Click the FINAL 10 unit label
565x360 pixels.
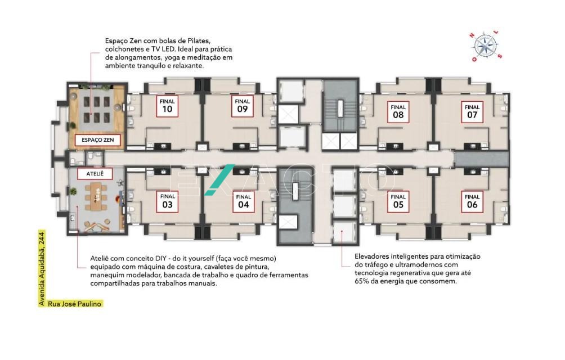click(167, 106)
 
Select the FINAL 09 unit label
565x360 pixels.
click(243, 106)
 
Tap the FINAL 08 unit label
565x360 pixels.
click(398, 112)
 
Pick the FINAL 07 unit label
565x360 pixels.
click(472, 112)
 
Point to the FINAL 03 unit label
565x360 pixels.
click(167, 201)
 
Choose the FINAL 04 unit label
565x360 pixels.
click(244, 201)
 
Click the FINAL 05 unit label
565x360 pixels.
click(398, 201)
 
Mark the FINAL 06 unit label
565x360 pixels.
click(472, 201)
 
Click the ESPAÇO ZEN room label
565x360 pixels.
click(98, 140)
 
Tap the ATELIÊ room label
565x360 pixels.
click(95, 174)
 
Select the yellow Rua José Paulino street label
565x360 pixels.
click(75, 304)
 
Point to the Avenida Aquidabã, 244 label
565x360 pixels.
click(42, 269)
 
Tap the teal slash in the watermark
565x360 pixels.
click(219, 180)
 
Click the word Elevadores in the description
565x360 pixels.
click(371, 256)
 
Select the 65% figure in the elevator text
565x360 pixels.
click(362, 281)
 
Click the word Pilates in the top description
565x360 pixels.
click(199, 40)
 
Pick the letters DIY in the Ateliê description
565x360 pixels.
click(160, 259)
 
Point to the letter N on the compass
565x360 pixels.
click(472, 35)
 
